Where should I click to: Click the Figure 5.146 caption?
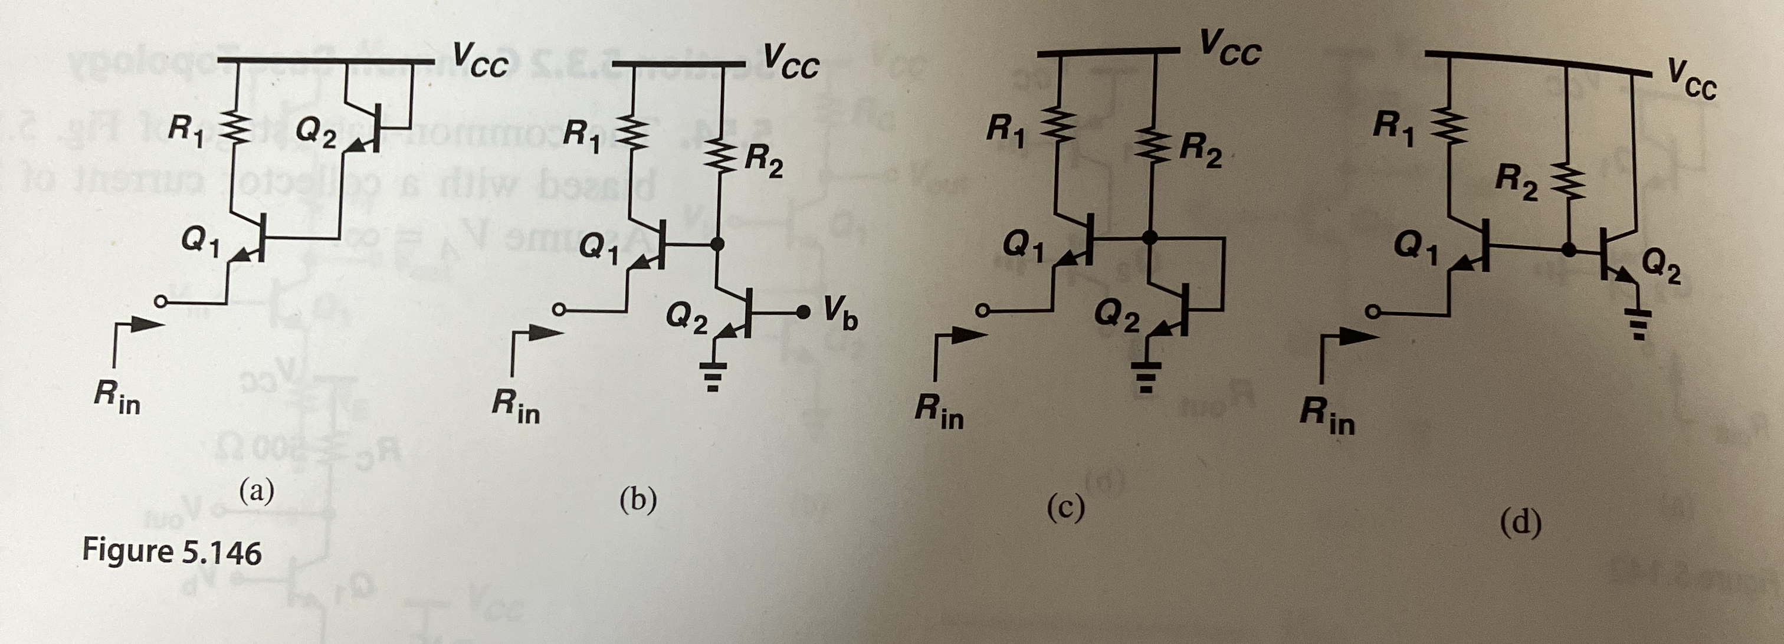[172, 553]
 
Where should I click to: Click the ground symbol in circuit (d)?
[1637, 324]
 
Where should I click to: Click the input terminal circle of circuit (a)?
[160, 303]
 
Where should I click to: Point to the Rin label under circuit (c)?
[939, 412]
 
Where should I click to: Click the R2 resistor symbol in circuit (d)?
[1567, 183]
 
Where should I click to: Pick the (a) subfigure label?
[256, 492]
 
